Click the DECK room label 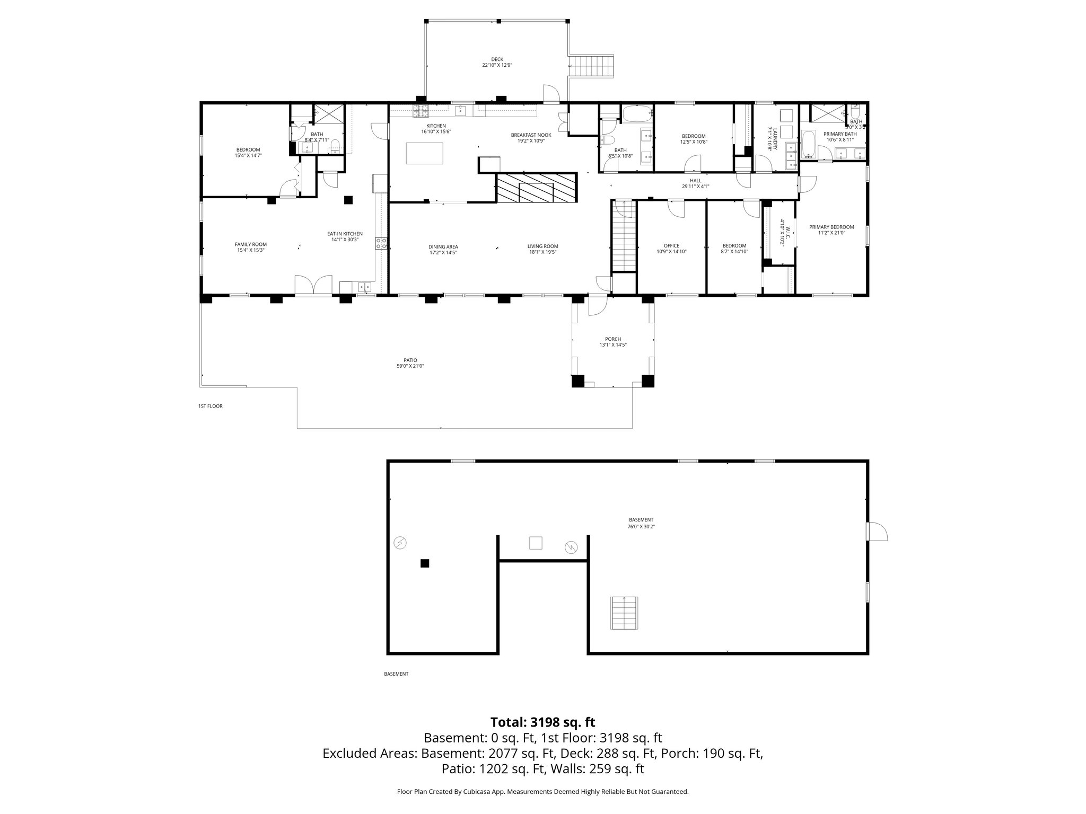pyautogui.click(x=497, y=59)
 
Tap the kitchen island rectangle pyautogui.click(x=424, y=154)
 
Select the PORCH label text pyautogui.click(x=612, y=339)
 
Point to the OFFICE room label pyautogui.click(x=671, y=246)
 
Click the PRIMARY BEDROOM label pyautogui.click(x=831, y=227)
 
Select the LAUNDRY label pyautogui.click(x=775, y=139)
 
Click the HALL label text pyautogui.click(x=695, y=181)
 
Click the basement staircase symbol pyautogui.click(x=625, y=613)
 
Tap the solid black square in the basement pyautogui.click(x=424, y=563)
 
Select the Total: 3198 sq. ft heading pyautogui.click(x=542, y=722)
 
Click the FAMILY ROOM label pyautogui.click(x=250, y=244)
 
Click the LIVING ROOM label pyautogui.click(x=542, y=246)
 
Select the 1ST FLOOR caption pyautogui.click(x=211, y=406)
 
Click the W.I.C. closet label pyautogui.click(x=787, y=232)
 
